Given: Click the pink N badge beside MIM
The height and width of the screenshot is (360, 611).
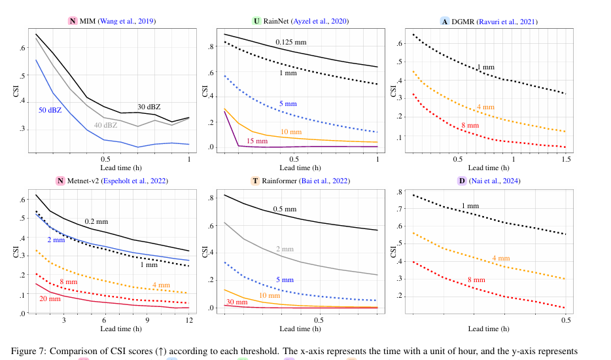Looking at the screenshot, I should tap(73, 22).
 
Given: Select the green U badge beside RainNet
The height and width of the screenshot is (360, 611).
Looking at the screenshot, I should tap(257, 22).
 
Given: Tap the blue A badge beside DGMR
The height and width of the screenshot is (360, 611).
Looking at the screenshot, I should tap(445, 22).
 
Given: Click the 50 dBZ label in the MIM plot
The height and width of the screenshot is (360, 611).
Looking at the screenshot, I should tap(50, 109).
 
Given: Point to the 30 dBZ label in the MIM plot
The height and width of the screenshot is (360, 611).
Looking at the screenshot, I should tap(148, 107).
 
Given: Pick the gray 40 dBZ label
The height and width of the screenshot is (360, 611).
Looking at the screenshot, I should tap(105, 125).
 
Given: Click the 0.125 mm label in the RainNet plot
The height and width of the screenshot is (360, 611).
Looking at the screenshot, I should tap(290, 43).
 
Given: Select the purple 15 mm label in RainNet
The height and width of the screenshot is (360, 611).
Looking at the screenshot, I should tap(257, 141).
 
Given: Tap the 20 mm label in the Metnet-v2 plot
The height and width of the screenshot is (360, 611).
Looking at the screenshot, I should tap(50, 299).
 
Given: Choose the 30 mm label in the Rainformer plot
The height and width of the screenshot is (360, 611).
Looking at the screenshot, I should tap(236, 302).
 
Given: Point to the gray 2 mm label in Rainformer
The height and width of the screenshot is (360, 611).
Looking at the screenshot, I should tap(285, 249).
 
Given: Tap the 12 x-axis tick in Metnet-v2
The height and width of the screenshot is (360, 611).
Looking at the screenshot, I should tap(189, 320).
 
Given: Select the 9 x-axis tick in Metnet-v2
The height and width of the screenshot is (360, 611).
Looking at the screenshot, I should tap(147, 320).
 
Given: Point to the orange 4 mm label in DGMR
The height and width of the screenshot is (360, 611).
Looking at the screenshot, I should tap(485, 107).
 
